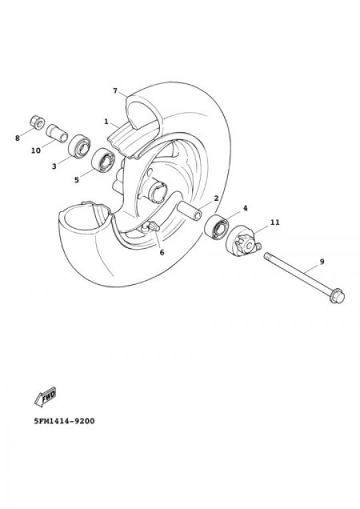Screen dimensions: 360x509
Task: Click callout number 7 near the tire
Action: [x=115, y=91]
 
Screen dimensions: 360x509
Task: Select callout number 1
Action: [x=106, y=121]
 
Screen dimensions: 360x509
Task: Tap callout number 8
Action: [x=17, y=138]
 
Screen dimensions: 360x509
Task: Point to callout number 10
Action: [x=36, y=151]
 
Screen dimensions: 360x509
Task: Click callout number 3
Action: [x=54, y=167]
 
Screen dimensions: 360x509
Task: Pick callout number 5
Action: [x=77, y=180]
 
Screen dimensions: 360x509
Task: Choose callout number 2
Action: [x=216, y=198]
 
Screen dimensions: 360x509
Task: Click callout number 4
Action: [x=245, y=208]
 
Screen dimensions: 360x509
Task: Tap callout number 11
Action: [x=275, y=222]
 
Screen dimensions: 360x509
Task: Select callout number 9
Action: [x=322, y=262]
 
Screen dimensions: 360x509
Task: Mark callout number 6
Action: [x=162, y=252]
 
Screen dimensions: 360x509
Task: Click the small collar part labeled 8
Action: [x=37, y=122]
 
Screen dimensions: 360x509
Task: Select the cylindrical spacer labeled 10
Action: [x=57, y=133]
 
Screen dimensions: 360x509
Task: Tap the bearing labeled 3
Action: [x=79, y=146]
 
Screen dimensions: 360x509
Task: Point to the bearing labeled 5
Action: [x=103, y=159]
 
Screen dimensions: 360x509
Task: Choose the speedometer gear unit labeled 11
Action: [x=243, y=241]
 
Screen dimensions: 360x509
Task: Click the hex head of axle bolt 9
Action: [x=337, y=296]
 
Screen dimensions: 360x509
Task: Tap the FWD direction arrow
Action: [x=45, y=396]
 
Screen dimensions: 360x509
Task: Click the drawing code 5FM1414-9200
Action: [x=65, y=422]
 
